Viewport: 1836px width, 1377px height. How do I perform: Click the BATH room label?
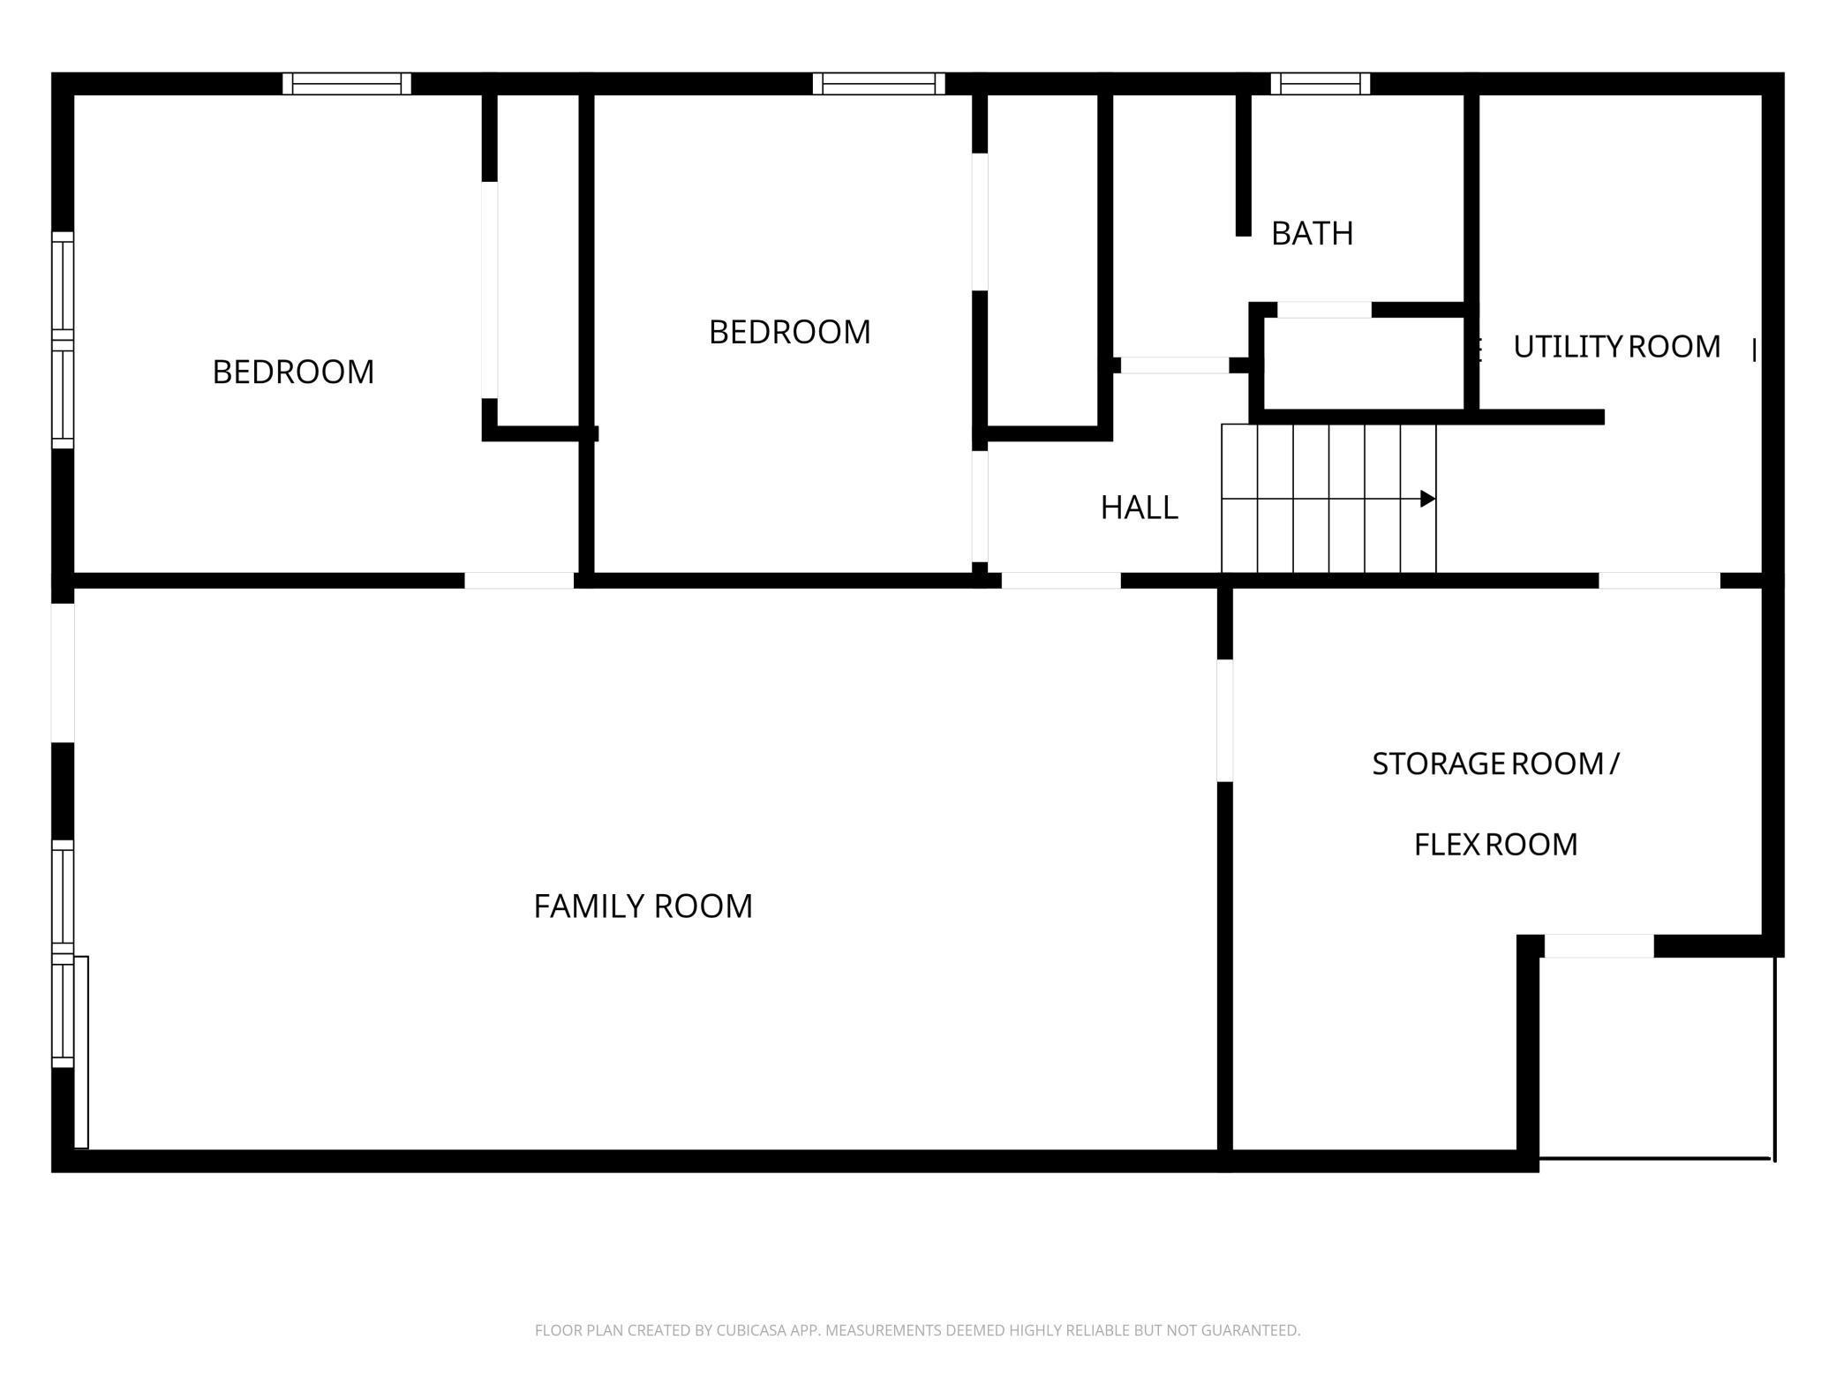(1312, 233)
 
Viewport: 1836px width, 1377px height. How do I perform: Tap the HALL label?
(1139, 508)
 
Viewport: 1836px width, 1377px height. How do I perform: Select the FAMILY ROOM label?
(643, 907)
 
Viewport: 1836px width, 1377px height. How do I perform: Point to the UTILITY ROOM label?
(1616, 347)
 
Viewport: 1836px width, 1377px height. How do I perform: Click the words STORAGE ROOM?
(1487, 764)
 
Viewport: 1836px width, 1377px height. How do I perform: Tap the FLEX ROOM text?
(1495, 845)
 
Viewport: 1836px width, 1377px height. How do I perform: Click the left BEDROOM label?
(293, 372)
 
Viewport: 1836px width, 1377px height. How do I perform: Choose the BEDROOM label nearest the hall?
(789, 332)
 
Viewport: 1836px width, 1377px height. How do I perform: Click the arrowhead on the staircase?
(1427, 499)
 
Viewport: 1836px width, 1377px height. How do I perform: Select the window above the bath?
(1321, 84)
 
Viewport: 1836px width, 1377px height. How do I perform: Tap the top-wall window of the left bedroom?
(347, 84)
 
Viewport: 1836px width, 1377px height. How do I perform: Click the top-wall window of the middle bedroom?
(878, 84)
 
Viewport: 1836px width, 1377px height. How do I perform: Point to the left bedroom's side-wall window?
(63, 340)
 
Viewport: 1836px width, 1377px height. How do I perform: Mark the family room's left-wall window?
(63, 954)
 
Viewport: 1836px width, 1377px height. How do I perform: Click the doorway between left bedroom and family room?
(519, 581)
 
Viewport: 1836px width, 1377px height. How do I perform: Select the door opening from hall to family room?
(1061, 581)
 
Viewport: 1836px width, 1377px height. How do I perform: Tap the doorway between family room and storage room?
(1224, 720)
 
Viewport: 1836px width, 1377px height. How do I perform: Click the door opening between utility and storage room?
(1659, 581)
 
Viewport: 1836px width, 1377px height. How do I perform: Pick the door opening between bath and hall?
(1174, 365)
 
